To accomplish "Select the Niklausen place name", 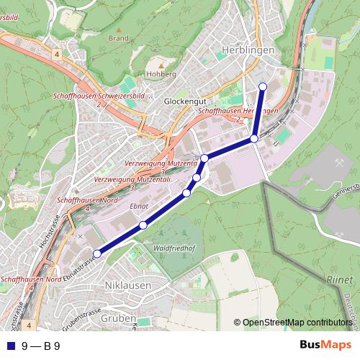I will click(x=128, y=285).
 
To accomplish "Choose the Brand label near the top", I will click(x=118, y=38).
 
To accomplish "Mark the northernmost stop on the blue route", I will click(x=263, y=86).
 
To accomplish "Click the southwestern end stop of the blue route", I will click(x=97, y=253).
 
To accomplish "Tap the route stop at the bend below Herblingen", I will click(x=254, y=139).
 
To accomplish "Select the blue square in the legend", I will click(x=9, y=346).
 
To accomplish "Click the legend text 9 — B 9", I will click(x=41, y=346).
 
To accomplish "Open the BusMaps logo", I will click(x=325, y=346).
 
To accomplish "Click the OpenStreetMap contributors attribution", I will click(x=296, y=323).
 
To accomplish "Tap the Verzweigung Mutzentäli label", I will click(x=131, y=179).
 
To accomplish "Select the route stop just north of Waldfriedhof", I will click(x=143, y=225).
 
